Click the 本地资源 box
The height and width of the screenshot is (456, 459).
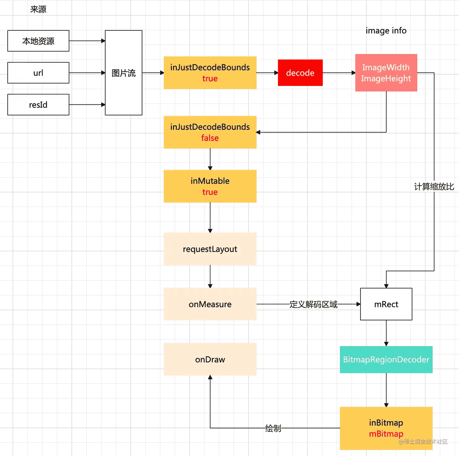point(38,41)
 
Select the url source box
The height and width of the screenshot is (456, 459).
point(38,73)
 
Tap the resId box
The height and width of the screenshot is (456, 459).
point(38,105)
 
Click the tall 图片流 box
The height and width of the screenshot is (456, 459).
point(123,73)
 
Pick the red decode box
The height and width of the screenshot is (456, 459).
point(300,73)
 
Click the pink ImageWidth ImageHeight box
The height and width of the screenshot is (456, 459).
point(386,73)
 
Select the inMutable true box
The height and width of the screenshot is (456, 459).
point(210,186)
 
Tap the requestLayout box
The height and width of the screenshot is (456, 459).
point(210,249)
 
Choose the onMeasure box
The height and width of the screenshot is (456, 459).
point(210,304)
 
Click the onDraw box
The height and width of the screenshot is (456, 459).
point(210,359)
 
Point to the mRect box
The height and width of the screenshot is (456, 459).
point(386,304)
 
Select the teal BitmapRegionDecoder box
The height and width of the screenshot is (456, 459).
point(386,359)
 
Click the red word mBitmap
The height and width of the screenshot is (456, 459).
point(386,434)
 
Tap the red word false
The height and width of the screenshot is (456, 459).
point(210,138)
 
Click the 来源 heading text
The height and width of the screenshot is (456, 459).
point(38,9)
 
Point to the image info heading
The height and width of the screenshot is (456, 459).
point(386,31)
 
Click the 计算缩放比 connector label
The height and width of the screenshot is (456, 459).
point(434,187)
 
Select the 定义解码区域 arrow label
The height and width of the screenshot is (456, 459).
point(313,304)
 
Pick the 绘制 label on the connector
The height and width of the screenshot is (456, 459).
point(273,428)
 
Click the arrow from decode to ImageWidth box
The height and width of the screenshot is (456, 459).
point(339,73)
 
